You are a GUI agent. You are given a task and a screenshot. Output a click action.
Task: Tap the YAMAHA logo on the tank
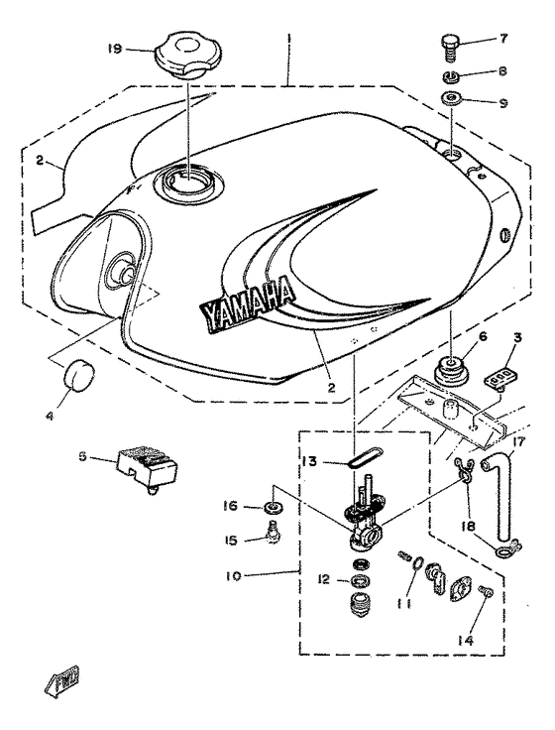(248, 302)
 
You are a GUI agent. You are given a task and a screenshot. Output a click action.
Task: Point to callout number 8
(503, 71)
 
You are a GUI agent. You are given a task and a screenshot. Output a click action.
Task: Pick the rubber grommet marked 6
(452, 374)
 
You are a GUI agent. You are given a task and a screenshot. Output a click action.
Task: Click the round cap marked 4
(78, 378)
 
